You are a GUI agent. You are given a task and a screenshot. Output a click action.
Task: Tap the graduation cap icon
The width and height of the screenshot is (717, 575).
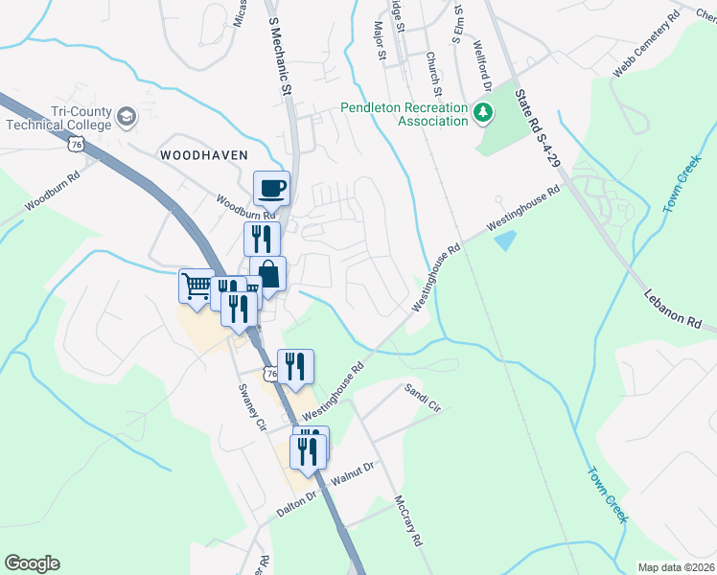click(127, 118)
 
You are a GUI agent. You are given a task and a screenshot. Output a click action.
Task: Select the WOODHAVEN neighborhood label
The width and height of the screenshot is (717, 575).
click(203, 154)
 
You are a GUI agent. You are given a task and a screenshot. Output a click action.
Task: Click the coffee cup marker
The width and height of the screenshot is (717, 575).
click(271, 187)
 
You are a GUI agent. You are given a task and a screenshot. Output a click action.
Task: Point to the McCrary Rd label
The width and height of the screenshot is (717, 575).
click(409, 521)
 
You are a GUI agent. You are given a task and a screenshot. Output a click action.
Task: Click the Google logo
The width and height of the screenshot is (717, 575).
click(32, 563)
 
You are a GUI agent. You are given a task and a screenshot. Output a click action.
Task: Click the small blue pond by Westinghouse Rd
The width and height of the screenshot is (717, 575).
click(504, 241)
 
